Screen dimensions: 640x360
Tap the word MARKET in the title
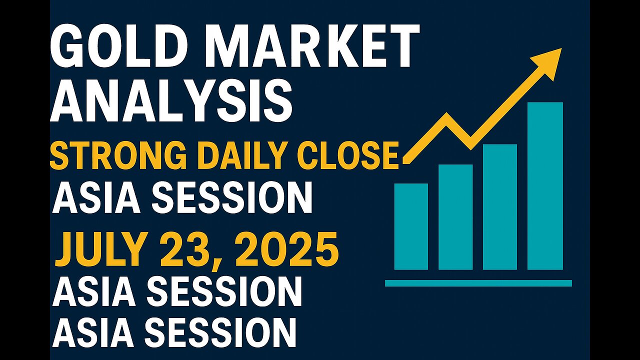tap(315, 45)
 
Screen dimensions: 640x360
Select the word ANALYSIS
tap(171, 101)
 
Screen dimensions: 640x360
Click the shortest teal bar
tap(411, 226)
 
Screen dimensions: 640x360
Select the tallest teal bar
tap(545, 185)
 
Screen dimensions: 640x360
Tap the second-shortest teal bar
tap(455, 217)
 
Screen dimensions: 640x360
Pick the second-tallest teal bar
tap(500, 207)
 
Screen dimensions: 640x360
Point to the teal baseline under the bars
tap(478, 283)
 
